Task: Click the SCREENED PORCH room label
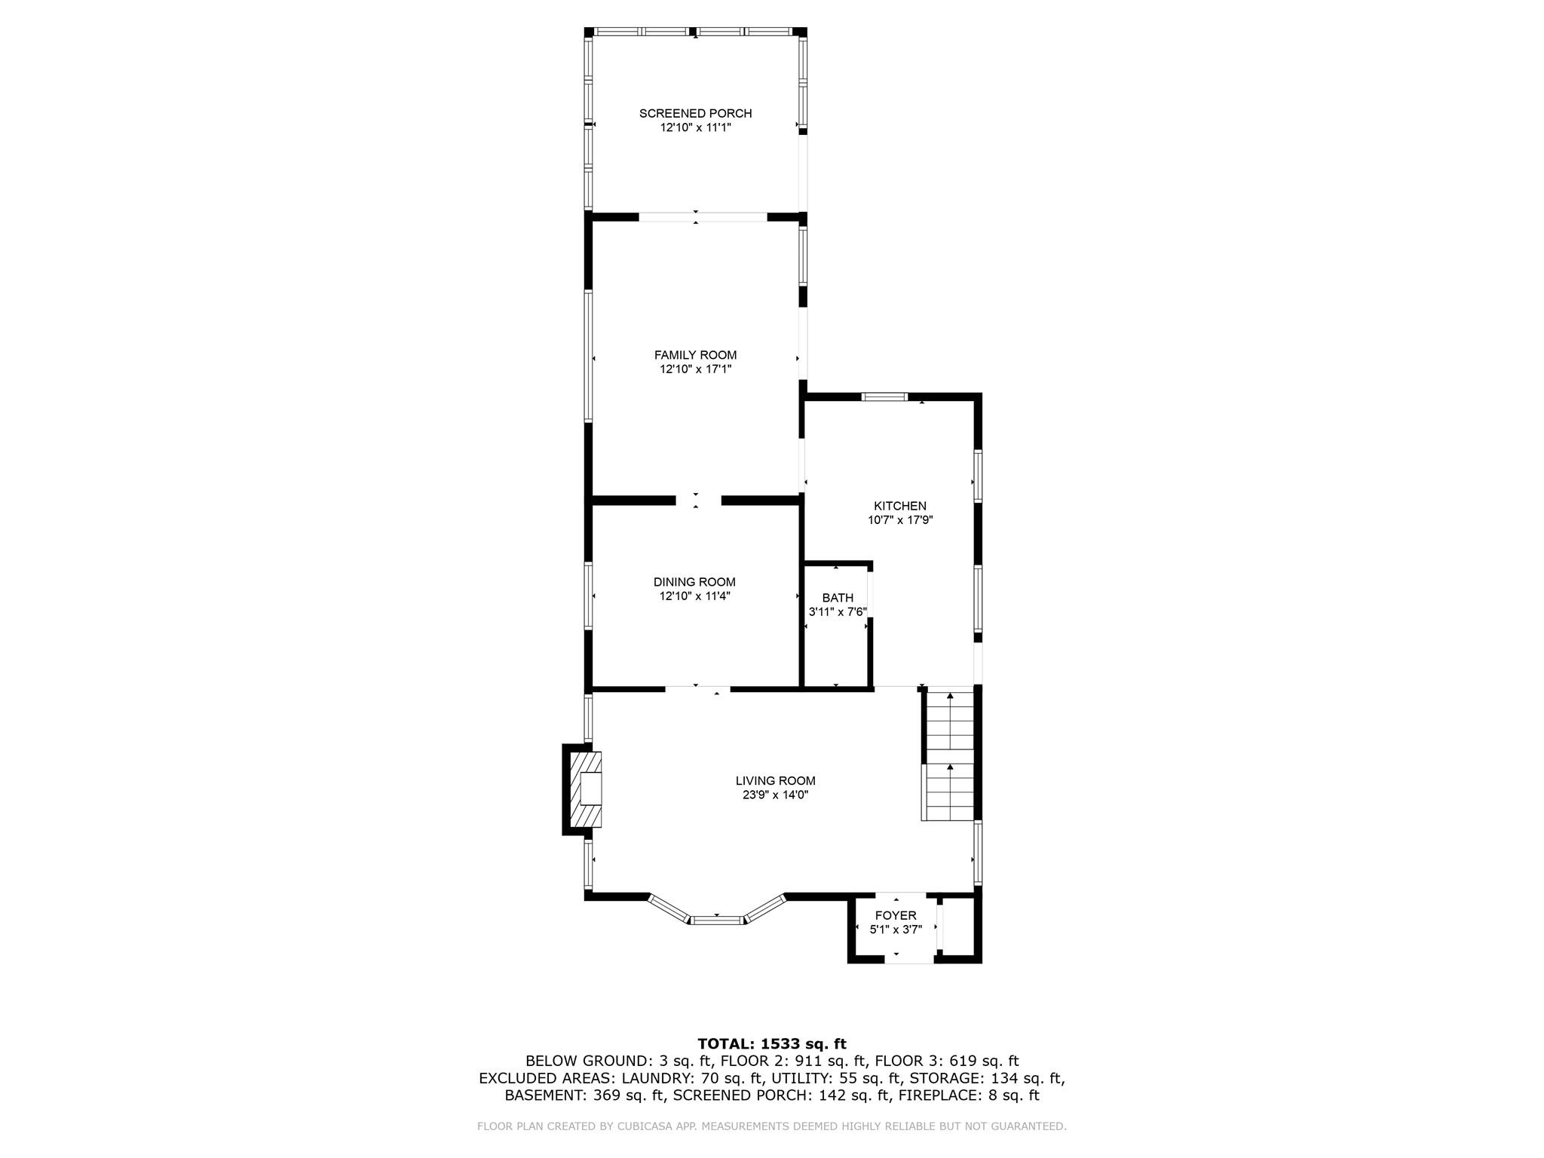click(x=695, y=113)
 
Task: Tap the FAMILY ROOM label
click(x=695, y=355)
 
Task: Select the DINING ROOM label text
click(x=694, y=582)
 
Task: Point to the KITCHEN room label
click(x=900, y=506)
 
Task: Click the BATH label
click(x=838, y=598)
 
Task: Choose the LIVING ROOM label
click(x=775, y=781)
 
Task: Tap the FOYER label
click(x=896, y=916)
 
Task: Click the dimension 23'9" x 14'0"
click(x=775, y=795)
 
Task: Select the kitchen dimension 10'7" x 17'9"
click(x=900, y=520)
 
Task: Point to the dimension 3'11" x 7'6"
click(x=838, y=612)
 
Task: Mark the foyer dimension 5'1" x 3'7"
click(x=896, y=930)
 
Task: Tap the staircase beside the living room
click(x=949, y=755)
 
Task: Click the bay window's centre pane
click(x=717, y=920)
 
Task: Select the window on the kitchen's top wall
click(x=885, y=397)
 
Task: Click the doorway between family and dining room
click(x=698, y=501)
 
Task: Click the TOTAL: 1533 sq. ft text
click(x=771, y=1044)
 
